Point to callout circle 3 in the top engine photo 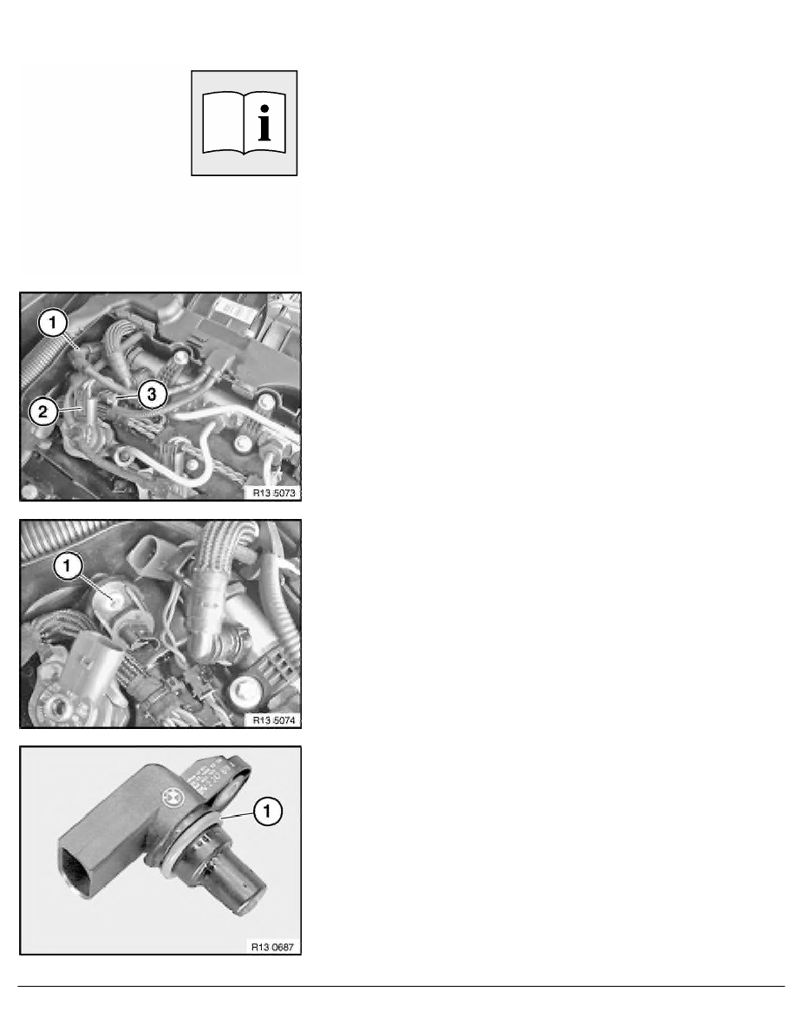pos(151,395)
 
